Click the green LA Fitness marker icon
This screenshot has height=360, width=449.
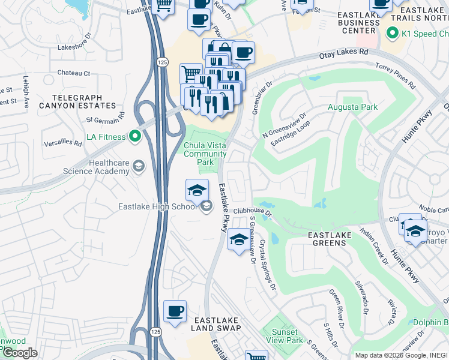135,137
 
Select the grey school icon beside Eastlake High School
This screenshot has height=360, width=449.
206,207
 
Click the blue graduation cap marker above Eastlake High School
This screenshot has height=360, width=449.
197,191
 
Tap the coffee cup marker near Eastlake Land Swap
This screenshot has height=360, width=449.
175,311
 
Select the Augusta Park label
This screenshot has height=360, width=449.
352,107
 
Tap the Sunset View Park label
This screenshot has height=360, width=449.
284,336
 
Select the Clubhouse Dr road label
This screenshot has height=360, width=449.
253,211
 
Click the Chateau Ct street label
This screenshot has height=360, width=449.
73,73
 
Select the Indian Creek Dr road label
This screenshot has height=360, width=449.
373,244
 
